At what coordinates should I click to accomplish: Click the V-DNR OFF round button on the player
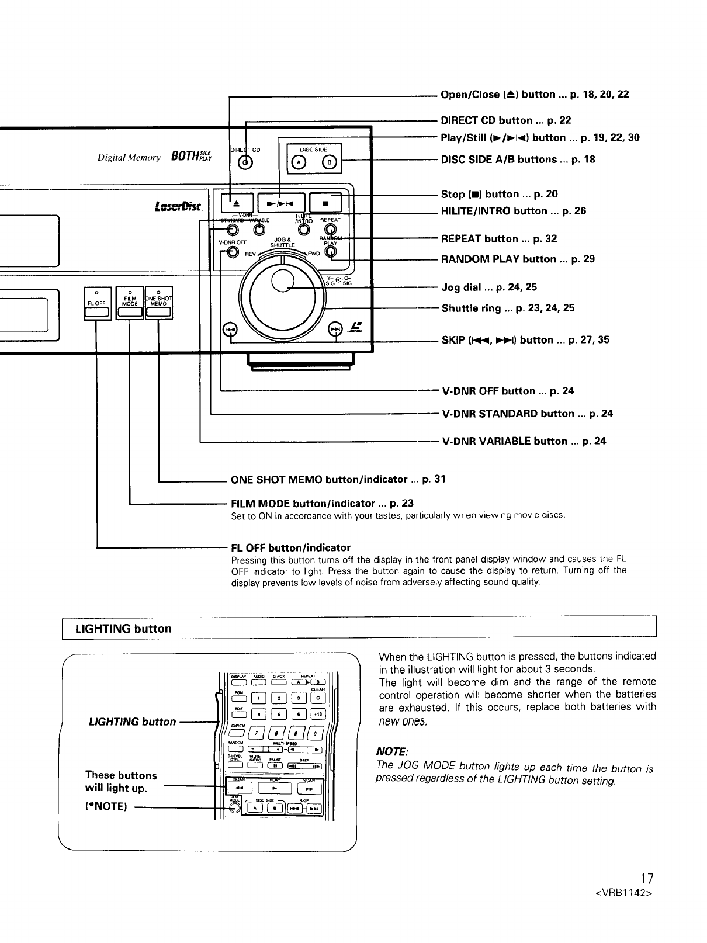pos(233,252)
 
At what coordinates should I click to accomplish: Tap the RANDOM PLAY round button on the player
pos(331,252)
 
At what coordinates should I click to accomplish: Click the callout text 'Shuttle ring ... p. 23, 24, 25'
pos(508,308)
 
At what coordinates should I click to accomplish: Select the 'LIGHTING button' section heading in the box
pos(123,629)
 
